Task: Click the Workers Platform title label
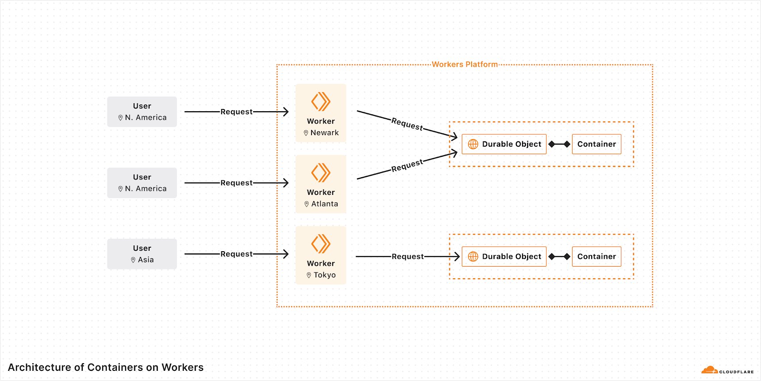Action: [465, 64]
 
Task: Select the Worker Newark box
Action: [321, 113]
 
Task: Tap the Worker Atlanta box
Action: [321, 184]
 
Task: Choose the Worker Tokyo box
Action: [321, 255]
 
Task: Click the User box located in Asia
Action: [142, 254]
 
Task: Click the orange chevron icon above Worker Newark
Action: [321, 101]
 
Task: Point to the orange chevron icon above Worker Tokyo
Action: [321, 244]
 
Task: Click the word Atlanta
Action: [324, 204]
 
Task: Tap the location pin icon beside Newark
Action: [306, 133]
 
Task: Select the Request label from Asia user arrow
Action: [236, 254]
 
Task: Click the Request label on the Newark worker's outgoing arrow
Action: [407, 124]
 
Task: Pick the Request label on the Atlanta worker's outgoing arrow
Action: [407, 165]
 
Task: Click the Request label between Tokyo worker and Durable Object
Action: [407, 257]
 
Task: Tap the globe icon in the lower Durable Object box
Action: [473, 257]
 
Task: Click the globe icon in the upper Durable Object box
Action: [473, 144]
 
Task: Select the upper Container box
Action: [596, 144]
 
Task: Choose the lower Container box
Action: [596, 257]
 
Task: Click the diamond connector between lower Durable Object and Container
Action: [559, 257]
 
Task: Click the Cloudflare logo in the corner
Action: [727, 370]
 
